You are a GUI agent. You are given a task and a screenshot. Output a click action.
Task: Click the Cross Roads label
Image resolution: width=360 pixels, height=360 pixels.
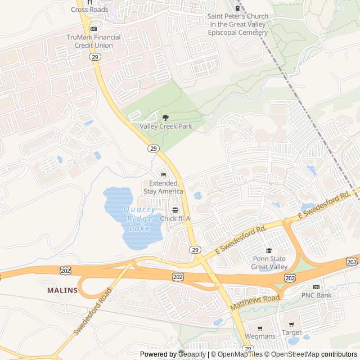point(89,10)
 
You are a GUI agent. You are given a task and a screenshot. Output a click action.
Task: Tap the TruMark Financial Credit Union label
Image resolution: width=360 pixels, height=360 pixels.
point(93,41)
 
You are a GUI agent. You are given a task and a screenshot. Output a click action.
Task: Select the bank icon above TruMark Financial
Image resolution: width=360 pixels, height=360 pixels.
point(93,28)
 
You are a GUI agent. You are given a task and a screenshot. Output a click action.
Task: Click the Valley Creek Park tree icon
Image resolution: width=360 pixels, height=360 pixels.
point(165,118)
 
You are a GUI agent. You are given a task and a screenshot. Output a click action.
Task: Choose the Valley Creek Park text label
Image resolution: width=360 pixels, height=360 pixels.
point(166,127)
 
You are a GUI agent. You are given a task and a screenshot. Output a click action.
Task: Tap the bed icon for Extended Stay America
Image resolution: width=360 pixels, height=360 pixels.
point(163,174)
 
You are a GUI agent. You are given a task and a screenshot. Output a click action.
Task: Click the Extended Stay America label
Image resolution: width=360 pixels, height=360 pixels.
point(163,187)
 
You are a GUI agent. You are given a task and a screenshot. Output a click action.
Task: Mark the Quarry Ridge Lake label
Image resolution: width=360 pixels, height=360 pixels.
point(139,219)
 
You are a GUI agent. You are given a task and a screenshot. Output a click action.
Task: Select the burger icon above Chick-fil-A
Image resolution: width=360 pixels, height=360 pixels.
point(175,210)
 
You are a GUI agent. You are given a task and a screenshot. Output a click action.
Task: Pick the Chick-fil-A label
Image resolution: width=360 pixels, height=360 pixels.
point(175,218)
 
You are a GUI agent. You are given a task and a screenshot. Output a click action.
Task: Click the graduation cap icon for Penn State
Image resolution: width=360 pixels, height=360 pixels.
point(269,250)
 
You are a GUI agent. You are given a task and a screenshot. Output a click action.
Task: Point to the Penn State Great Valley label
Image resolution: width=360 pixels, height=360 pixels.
point(269,263)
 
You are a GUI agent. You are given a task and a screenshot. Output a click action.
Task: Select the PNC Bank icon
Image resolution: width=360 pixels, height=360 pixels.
point(316,287)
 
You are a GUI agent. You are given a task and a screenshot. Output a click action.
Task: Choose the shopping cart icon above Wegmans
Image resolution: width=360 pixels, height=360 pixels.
point(260,328)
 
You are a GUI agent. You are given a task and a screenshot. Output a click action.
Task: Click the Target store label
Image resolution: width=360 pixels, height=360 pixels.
point(291,332)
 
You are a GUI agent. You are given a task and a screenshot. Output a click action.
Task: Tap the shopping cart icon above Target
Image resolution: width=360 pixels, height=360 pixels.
point(291,325)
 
